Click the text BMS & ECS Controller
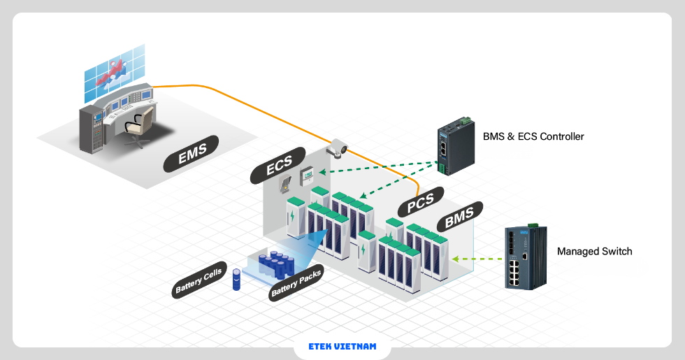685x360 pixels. point(533,136)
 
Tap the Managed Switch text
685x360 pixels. point(594,251)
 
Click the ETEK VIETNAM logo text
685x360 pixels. point(342,346)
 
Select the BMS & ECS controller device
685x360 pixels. point(452,147)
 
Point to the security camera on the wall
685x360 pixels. point(338,147)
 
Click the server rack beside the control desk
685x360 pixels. point(91,129)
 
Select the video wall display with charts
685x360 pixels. point(114,69)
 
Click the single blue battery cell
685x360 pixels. point(236,280)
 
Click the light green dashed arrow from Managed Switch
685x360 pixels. point(477,259)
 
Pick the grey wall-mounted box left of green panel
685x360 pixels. point(287,182)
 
